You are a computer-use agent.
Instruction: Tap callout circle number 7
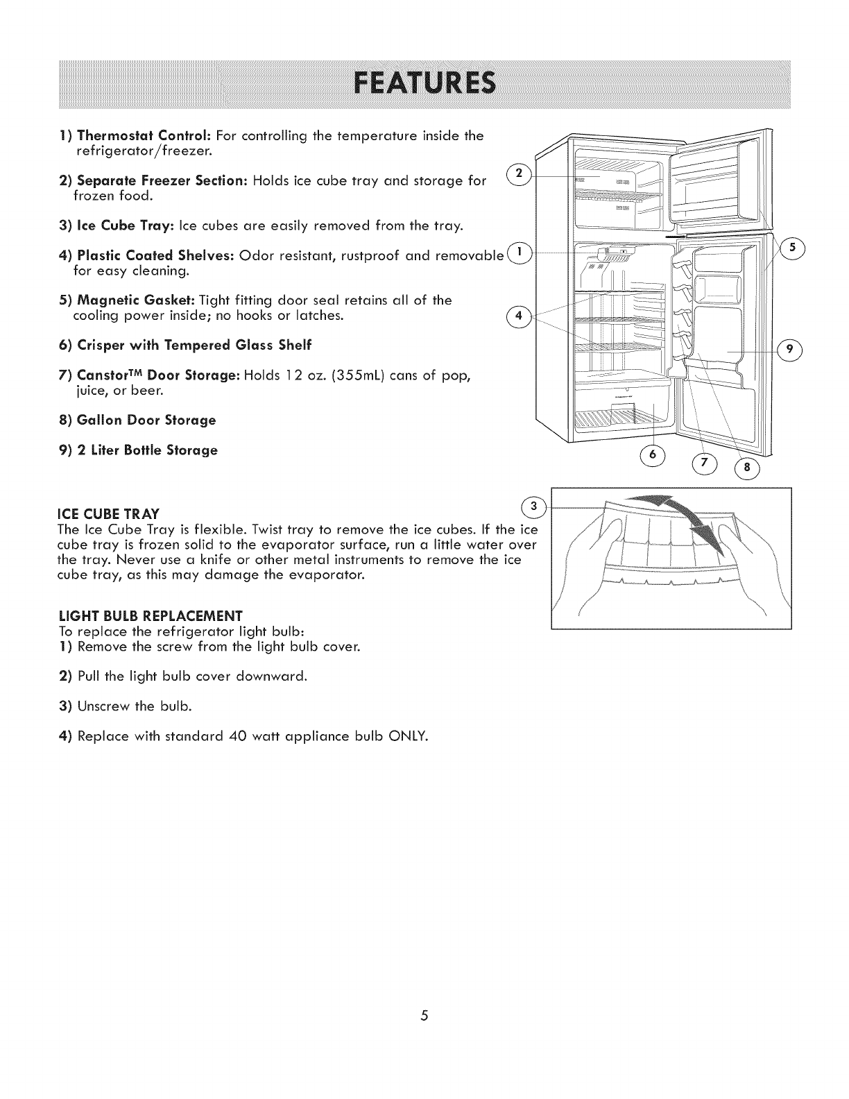pyautogui.click(x=708, y=462)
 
